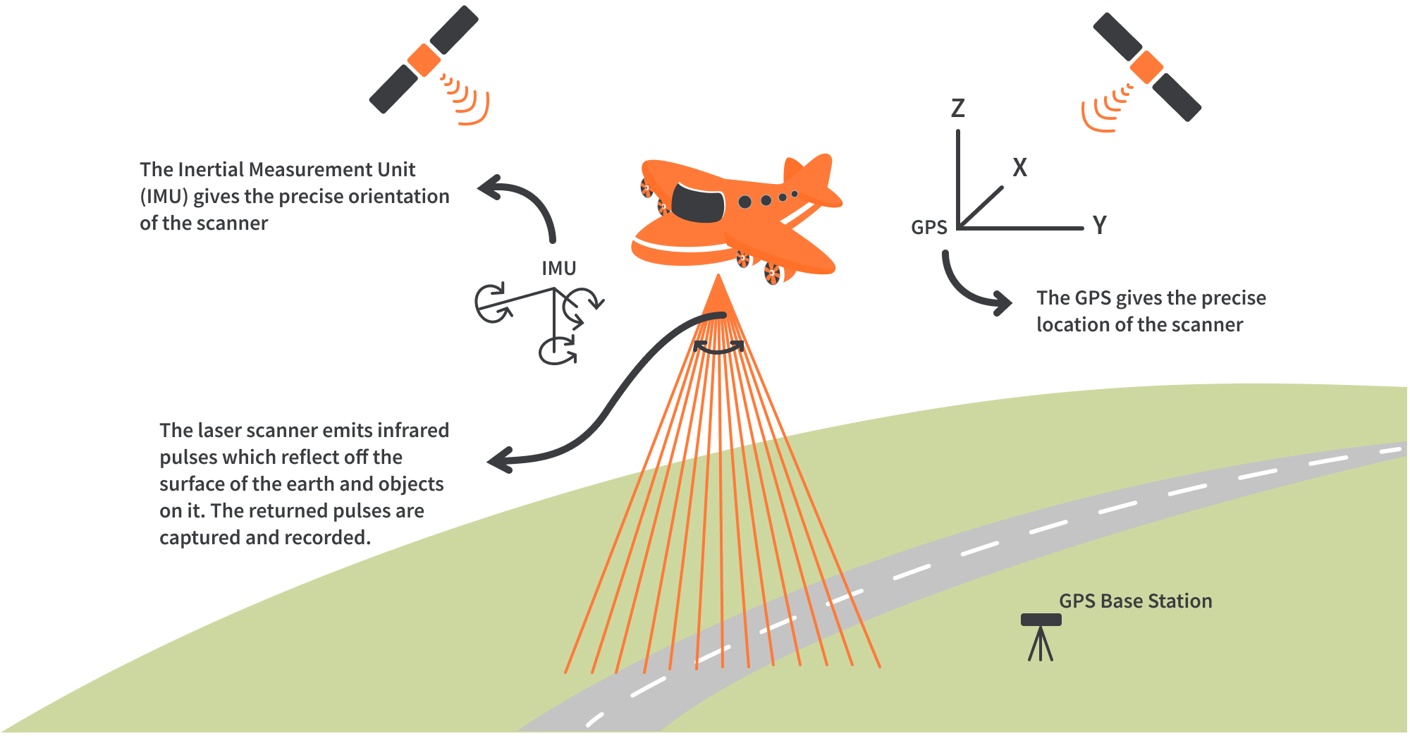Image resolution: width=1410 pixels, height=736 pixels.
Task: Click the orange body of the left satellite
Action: click(424, 60)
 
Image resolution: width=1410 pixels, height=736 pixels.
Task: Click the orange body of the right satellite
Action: click(1146, 68)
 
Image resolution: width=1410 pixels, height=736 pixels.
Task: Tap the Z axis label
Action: click(957, 109)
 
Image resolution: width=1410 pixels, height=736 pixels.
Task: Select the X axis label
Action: click(1019, 168)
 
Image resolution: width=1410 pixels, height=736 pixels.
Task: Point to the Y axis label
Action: click(1099, 226)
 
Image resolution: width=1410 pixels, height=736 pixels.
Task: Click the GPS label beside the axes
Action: click(928, 228)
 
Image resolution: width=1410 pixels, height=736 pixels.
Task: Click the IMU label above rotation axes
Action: click(558, 269)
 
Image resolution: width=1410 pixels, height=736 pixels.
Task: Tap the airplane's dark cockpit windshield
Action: click(698, 202)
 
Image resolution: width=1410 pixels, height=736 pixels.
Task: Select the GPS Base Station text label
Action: click(1135, 601)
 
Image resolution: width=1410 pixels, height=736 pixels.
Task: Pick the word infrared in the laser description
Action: click(412, 431)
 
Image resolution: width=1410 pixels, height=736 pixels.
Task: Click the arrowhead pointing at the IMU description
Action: click(490, 188)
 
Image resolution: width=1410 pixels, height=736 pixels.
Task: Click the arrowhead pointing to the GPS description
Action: click(1001, 303)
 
